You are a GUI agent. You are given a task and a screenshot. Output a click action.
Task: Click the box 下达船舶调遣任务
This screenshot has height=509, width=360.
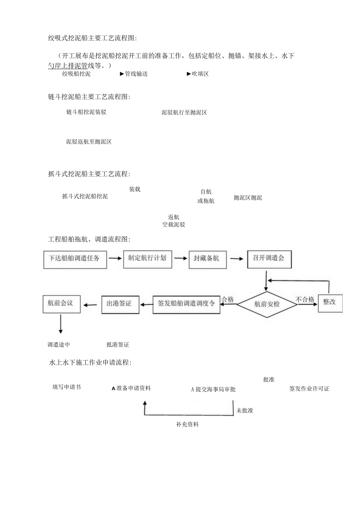(75, 259)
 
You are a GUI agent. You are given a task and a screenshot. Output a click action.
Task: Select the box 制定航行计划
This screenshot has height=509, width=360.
(147, 258)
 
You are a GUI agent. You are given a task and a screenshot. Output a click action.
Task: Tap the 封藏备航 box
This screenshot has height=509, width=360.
(206, 259)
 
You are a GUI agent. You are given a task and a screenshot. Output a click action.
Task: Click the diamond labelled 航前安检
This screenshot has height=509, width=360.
(267, 304)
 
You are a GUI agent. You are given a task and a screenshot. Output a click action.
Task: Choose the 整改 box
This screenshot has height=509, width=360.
(330, 302)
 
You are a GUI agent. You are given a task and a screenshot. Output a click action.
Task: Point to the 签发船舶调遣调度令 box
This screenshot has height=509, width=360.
(186, 304)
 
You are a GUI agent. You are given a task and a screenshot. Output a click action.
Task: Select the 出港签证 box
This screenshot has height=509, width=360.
(120, 304)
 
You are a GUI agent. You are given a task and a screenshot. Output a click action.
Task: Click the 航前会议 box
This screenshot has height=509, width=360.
(61, 303)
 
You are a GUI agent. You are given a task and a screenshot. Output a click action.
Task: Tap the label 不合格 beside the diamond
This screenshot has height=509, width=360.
(305, 300)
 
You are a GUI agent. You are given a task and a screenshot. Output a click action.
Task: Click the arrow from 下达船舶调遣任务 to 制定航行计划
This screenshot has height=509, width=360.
(115, 258)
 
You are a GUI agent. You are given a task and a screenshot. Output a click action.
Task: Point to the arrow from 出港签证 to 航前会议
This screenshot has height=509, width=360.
(91, 304)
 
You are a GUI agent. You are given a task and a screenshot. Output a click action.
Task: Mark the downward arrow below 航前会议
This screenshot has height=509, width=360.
(61, 323)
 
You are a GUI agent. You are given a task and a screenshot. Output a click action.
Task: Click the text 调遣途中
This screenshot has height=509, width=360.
(59, 345)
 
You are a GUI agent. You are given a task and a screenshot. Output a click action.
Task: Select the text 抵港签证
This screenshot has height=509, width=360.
(117, 345)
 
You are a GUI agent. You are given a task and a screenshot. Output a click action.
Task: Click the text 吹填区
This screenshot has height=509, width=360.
(200, 74)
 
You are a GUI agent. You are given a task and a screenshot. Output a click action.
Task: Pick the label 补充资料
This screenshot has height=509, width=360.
(187, 424)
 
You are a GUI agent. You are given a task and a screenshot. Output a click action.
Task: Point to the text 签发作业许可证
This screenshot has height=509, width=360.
(309, 388)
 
